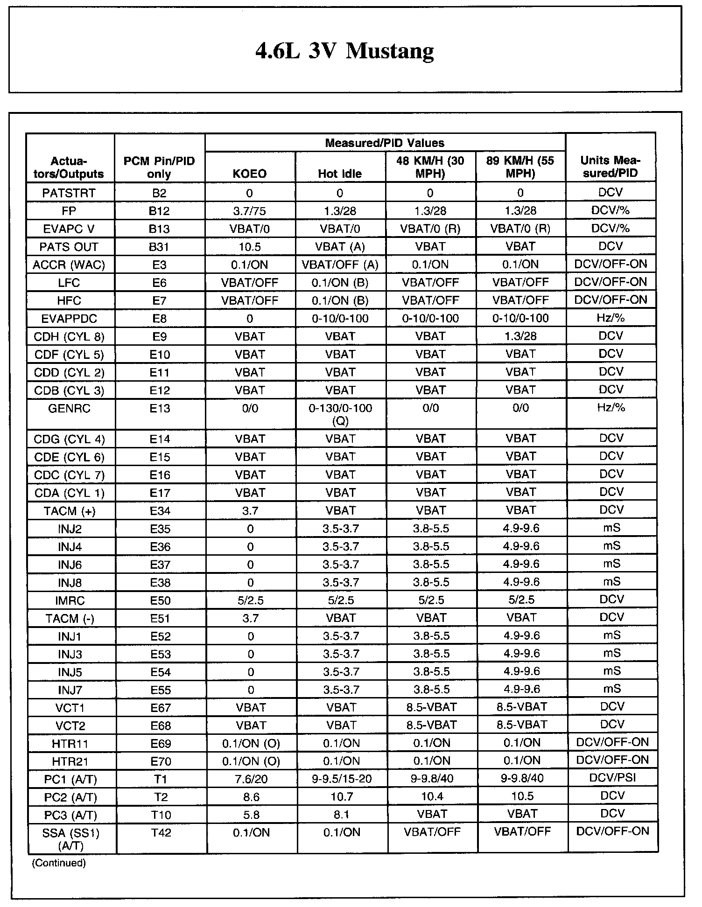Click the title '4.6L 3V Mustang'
344,51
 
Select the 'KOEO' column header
250,174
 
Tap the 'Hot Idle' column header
340,174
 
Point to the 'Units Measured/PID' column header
611,167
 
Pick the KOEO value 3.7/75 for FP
250,211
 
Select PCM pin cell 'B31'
159,247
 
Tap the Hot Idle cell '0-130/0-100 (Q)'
340,414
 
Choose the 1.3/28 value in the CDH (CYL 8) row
520,336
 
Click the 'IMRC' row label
70,600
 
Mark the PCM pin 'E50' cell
160,600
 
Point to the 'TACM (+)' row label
70,511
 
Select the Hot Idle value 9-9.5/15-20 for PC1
341,779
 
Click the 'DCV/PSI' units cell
612,778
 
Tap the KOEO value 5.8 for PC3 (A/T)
251,815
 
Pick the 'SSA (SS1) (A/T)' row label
71,838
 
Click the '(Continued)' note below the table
59,863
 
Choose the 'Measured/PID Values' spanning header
385,143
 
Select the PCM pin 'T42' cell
161,833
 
